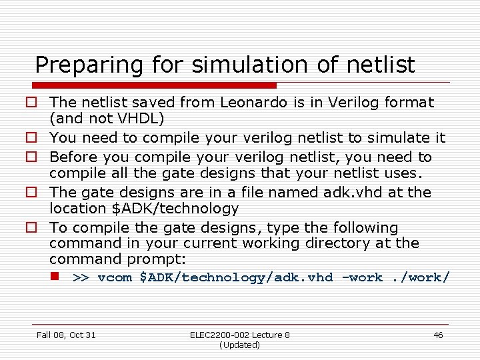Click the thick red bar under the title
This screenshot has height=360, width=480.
tap(153, 85)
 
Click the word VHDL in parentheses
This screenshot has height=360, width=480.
tap(136, 119)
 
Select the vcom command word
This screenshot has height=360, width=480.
tap(115, 277)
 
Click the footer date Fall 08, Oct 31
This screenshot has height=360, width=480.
tap(66, 335)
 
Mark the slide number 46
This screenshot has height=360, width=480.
tap(438, 335)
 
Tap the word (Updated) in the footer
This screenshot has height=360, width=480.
tap(239, 345)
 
